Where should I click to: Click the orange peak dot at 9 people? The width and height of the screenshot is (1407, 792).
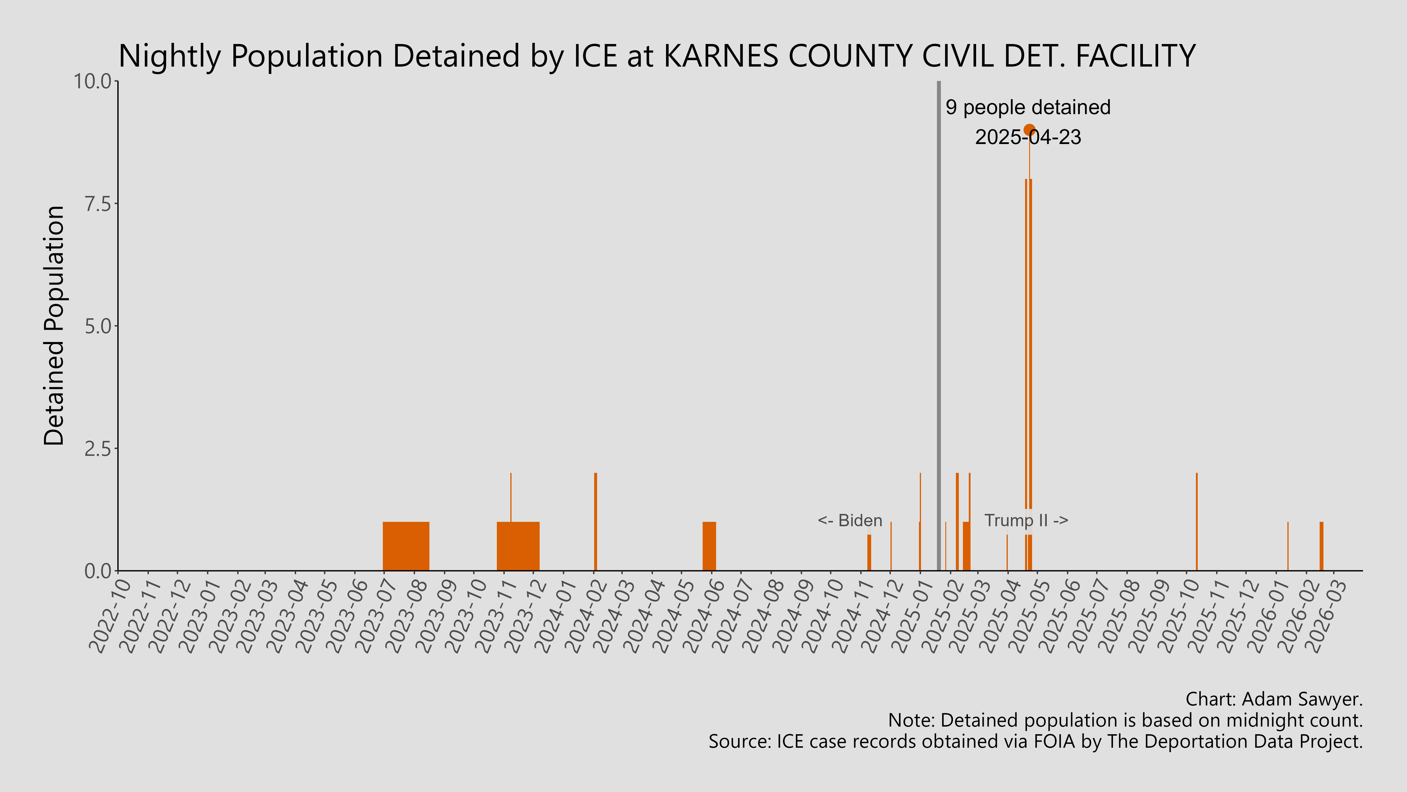pos(1029,130)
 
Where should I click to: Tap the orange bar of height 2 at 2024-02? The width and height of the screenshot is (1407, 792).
pos(595,522)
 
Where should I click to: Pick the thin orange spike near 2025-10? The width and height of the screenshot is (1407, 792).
pos(1197,522)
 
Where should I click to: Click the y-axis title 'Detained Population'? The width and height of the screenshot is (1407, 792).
pos(55,326)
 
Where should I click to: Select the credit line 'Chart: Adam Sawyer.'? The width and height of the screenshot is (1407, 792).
pos(1274,699)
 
